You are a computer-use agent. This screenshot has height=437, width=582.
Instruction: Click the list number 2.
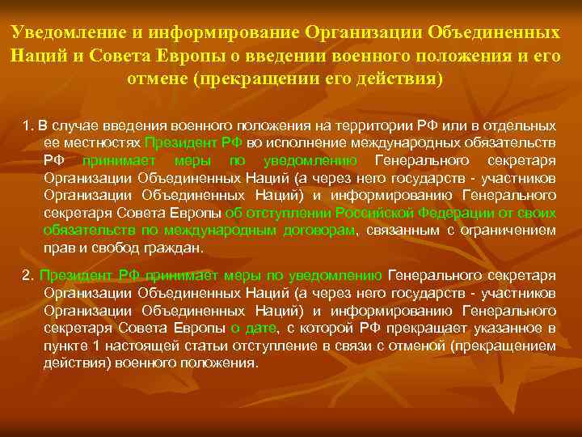[x=27, y=275]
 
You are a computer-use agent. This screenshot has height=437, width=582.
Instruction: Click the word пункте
[x=65, y=345]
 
